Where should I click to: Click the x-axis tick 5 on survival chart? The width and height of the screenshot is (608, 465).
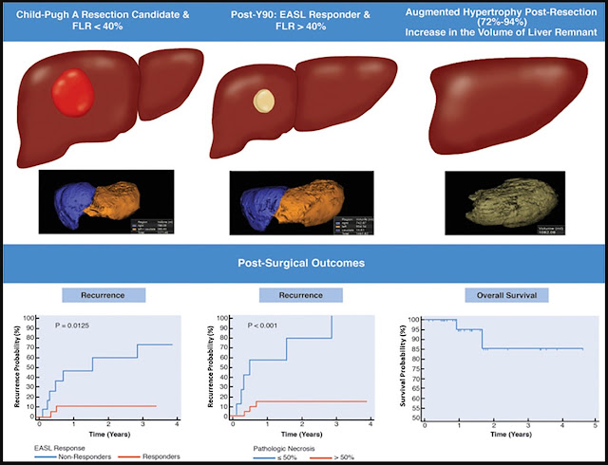pos(594,423)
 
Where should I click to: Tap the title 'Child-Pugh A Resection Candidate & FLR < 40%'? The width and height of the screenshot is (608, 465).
pos(97,21)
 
